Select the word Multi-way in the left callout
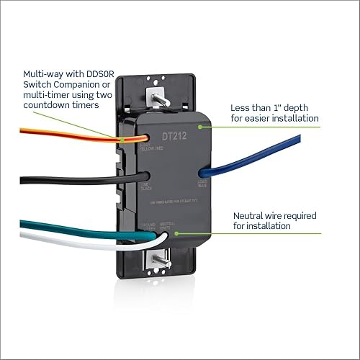coord(45,73)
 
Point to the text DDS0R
coord(106,73)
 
